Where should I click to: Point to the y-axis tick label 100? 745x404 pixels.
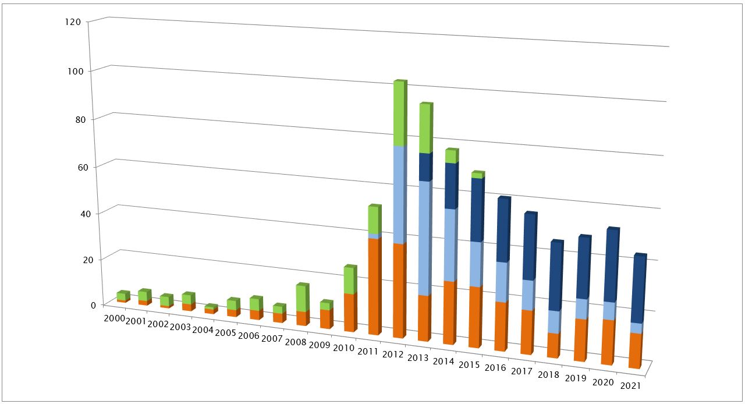(x=77, y=71)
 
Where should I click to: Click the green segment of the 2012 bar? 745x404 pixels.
(x=399, y=114)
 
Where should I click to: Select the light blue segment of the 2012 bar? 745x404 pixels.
(x=399, y=195)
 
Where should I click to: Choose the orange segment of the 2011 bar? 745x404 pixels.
(x=374, y=285)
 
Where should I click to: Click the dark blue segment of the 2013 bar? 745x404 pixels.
(x=425, y=167)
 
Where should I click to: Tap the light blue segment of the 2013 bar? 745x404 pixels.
(x=424, y=239)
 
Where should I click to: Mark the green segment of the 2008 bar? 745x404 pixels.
(x=301, y=298)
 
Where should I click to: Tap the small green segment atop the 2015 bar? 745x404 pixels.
(x=477, y=175)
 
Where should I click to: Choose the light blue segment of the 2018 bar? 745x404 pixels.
(x=554, y=322)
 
